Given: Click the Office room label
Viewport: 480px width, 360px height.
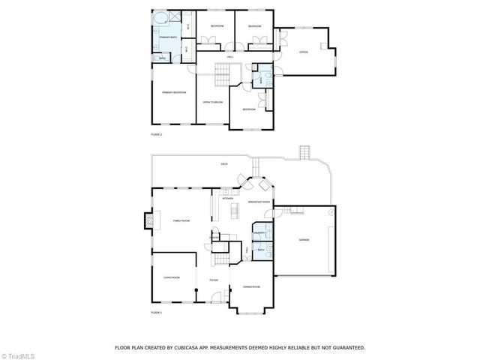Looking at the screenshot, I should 304,52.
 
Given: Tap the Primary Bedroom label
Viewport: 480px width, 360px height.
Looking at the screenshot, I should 174,92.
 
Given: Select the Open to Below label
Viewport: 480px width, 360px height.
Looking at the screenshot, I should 213,102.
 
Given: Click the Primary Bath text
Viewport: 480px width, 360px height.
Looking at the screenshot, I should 168,37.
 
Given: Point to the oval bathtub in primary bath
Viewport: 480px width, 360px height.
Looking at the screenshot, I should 161,17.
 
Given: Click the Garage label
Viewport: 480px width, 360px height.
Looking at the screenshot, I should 304,240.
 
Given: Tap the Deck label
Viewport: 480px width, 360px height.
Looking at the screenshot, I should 223,163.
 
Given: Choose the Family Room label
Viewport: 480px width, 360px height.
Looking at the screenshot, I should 181,220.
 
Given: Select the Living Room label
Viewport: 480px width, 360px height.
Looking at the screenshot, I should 171,278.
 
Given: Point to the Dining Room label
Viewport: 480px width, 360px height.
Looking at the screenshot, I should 251,287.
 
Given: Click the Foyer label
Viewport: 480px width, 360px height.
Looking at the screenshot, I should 212,277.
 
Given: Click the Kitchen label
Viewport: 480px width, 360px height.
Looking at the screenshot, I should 227,199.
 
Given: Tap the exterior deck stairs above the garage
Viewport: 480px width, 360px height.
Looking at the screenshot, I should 304,152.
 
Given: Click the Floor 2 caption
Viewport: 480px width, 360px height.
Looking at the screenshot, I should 156,134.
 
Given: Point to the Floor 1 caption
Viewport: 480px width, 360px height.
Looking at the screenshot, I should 156,311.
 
